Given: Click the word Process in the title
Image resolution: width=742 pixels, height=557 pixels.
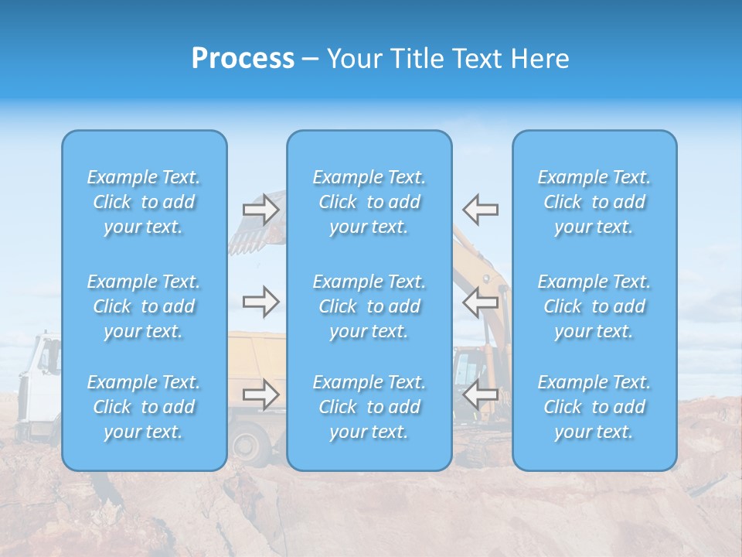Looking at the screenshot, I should [243, 59].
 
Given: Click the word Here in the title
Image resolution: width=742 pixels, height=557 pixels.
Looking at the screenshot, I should [540, 59].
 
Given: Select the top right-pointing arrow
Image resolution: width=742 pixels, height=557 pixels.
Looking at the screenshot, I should [260, 210].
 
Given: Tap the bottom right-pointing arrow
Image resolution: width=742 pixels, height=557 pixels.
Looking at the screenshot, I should [260, 395].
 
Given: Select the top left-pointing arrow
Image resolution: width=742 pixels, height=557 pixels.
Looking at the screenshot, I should [480, 210].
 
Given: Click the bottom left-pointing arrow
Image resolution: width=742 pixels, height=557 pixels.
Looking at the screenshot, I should [480, 395].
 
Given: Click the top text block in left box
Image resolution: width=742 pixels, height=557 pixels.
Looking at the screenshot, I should [144, 202].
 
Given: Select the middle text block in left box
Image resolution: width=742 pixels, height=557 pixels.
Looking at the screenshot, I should [144, 306].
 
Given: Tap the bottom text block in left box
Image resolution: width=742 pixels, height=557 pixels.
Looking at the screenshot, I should [144, 407].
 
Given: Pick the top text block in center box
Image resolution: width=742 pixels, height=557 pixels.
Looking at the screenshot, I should [369, 202].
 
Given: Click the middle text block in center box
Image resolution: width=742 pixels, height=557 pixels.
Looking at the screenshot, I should [369, 306].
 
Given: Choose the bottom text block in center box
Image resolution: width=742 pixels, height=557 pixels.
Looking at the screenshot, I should [369, 407].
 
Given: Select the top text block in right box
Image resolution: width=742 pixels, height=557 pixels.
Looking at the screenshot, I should [594, 202].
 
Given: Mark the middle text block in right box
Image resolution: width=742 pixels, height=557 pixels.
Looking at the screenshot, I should [594, 306].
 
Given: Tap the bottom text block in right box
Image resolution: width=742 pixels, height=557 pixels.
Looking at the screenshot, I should [594, 407].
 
